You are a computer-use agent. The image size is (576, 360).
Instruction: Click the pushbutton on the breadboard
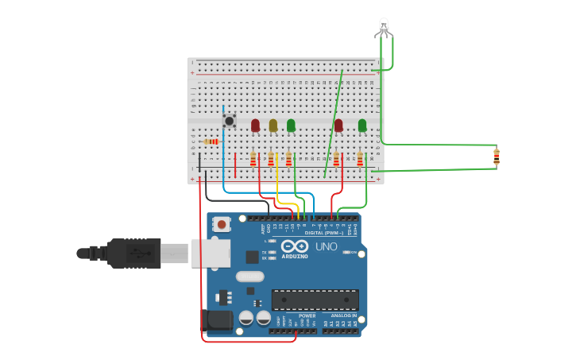point(230,121)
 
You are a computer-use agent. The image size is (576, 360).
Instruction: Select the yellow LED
point(273,125)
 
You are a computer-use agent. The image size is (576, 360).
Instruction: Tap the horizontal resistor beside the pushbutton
point(211,141)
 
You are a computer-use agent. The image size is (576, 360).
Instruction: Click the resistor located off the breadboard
point(497,157)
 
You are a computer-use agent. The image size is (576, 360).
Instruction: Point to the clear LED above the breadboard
point(384,27)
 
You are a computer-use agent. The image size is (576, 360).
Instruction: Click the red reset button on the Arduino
point(222,225)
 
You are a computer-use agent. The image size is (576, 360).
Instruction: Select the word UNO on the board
point(327,246)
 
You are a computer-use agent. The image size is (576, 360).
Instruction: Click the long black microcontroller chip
point(315,300)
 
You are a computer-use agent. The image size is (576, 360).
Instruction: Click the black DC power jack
point(216,320)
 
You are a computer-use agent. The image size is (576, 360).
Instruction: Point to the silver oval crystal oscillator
point(249,277)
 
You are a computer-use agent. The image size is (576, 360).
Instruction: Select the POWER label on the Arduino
point(307,315)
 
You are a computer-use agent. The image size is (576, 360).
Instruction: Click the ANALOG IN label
point(344,315)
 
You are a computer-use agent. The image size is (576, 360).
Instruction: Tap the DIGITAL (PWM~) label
point(324,232)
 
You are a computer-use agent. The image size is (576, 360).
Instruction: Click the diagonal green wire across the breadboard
point(334,123)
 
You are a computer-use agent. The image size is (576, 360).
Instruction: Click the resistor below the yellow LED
point(271,159)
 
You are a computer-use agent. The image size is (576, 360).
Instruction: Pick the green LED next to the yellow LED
point(291,125)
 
